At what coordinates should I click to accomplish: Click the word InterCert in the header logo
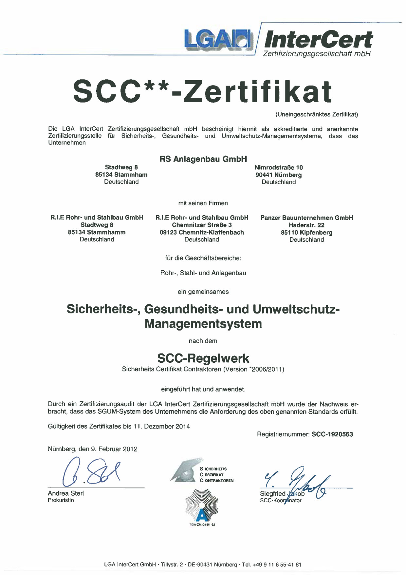(x=318, y=40)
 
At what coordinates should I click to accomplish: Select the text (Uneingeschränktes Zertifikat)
(x=316, y=114)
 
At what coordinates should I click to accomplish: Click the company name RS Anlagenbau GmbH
(x=203, y=159)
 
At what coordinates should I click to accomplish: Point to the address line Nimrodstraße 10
(x=279, y=167)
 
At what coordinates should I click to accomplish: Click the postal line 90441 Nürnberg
(x=279, y=175)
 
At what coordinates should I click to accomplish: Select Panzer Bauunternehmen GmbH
(x=307, y=218)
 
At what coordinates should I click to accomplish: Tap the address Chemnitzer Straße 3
(x=202, y=225)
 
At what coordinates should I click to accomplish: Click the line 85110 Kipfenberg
(x=306, y=233)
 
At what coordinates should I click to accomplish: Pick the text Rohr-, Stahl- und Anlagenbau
(x=203, y=273)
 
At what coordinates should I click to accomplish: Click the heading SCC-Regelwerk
(x=203, y=358)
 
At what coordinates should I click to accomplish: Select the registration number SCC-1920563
(x=332, y=434)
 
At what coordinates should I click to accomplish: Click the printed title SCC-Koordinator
(x=281, y=500)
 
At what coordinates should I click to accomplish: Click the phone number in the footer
(x=277, y=565)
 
